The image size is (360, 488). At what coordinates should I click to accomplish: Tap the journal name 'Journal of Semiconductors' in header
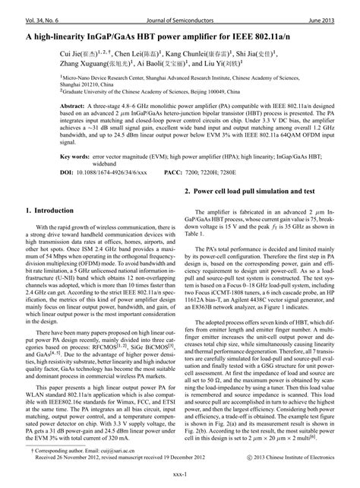click(x=179, y=6)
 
